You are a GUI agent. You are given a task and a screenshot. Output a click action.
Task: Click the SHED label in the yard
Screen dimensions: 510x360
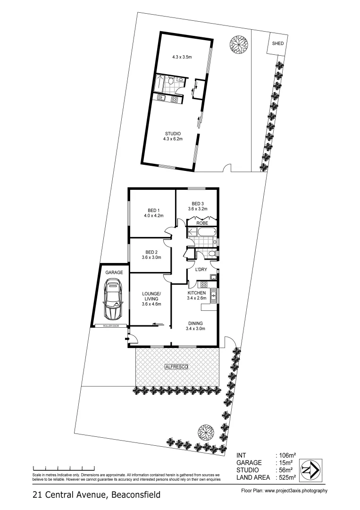pos(278,43)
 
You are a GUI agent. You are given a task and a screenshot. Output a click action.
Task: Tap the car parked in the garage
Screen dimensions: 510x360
pos(113,299)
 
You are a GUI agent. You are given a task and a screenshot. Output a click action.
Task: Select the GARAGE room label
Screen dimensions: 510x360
pos(114,272)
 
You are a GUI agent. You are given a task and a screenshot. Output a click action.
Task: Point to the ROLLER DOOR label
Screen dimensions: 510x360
pos(111,326)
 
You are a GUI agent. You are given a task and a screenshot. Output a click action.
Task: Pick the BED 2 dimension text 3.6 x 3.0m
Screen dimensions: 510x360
pos(151,257)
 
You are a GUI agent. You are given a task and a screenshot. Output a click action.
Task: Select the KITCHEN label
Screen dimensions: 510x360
pos(196,293)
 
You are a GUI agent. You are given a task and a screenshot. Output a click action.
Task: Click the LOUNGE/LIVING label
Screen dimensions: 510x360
pos(151,296)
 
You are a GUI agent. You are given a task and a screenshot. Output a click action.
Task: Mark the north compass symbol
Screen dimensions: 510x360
pos(310,470)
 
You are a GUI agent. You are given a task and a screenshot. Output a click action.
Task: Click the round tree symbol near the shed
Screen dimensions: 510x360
pos(238,46)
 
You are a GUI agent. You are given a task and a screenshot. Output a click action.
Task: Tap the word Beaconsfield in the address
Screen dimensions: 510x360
pos(135,495)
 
